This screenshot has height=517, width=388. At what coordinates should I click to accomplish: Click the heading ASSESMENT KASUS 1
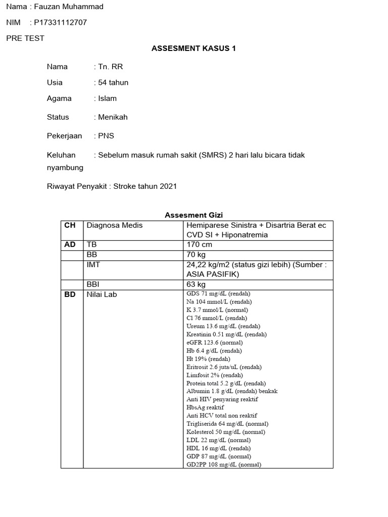(x=194, y=48)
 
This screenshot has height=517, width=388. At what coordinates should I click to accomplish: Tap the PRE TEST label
(x=25, y=38)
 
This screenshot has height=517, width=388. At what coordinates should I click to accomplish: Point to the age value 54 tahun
(x=113, y=82)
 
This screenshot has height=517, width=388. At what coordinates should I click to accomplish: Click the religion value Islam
(x=107, y=98)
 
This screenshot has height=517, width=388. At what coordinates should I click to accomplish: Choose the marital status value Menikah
(x=113, y=117)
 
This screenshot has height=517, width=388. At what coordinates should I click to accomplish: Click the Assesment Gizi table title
(x=194, y=215)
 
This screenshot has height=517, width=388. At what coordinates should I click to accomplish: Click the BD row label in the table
(x=70, y=294)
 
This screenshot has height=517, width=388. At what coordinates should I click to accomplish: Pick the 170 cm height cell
(x=200, y=244)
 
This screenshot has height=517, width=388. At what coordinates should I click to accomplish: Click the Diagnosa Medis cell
(x=115, y=225)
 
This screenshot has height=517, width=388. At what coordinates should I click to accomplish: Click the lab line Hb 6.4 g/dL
(x=214, y=350)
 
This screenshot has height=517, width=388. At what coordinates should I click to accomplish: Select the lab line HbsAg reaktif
(x=205, y=407)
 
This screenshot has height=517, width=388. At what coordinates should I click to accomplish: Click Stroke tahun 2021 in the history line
(x=145, y=186)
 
